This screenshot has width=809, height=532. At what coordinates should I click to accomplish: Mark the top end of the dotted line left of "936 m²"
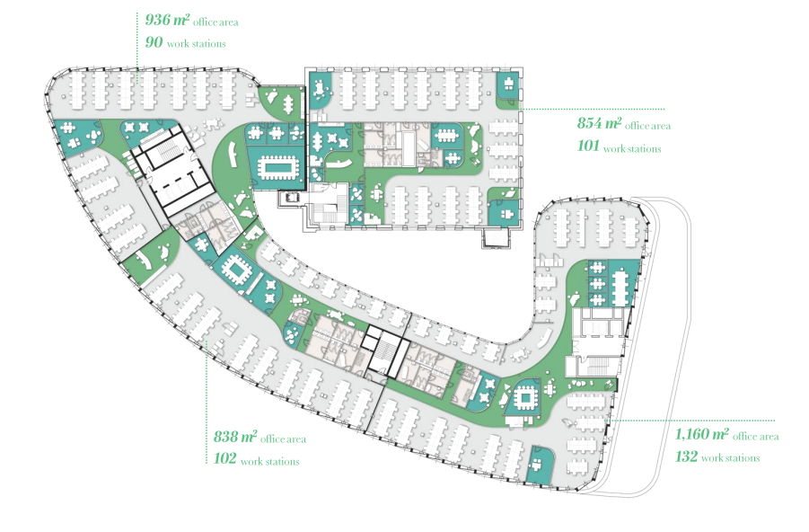tap(137, 13)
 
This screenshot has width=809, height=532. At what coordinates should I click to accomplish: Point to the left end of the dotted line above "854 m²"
tap(521, 109)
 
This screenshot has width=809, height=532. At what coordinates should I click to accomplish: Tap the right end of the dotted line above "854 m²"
tap(664, 109)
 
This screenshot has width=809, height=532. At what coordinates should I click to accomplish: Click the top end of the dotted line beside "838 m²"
tap(207, 341)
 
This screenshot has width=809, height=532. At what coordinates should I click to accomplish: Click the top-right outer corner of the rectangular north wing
tap(522, 67)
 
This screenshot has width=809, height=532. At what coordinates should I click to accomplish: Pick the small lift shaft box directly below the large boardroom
tap(292, 198)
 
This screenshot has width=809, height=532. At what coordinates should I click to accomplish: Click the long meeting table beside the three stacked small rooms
tap(620, 284)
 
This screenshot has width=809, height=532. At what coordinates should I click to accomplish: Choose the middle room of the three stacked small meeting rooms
tap(597, 283)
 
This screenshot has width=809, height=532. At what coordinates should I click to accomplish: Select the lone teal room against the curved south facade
tap(541, 464)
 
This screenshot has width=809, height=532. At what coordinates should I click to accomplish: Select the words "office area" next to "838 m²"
tap(283, 439)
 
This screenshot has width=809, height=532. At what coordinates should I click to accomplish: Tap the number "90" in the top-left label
tap(154, 42)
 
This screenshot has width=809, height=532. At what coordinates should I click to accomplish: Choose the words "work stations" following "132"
tap(731, 457)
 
